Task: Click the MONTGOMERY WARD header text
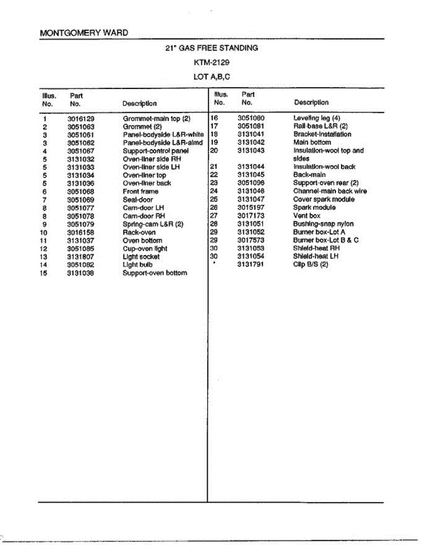pos(84,33)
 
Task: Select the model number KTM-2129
pos(212,62)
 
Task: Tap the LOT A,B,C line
pos(212,77)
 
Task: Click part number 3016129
pos(80,119)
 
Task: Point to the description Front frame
pos(140,191)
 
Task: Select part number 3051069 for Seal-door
pos(80,199)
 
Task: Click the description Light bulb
pos(138,264)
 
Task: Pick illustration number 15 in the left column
pos(44,273)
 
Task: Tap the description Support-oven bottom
pos(154,273)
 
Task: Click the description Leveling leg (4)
pos(317,118)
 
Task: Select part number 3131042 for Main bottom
pos(251,142)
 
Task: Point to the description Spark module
pos(314,207)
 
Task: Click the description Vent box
pos(307,215)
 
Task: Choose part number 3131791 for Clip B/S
pos(251,264)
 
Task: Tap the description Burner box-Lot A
pos(319,232)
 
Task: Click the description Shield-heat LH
pos(316,256)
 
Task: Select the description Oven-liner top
pos(144,175)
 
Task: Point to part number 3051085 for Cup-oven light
pos(80,248)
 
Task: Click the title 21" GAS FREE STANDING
pos(212,48)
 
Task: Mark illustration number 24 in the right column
pos(215,191)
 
